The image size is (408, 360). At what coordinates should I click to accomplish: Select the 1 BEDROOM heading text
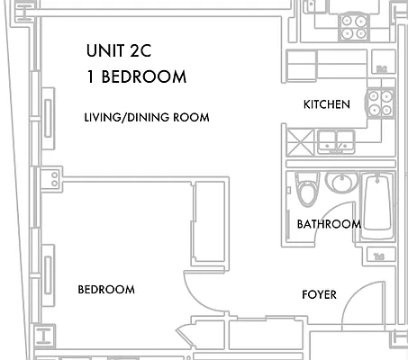click(x=137, y=76)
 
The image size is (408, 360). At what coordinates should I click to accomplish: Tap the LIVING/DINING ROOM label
click(x=146, y=118)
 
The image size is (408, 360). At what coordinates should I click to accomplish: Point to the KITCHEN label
click(x=326, y=105)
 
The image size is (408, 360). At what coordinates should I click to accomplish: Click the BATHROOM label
click(x=329, y=224)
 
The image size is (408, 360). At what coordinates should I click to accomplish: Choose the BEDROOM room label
click(x=106, y=290)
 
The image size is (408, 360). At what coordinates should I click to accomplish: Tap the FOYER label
click(x=319, y=294)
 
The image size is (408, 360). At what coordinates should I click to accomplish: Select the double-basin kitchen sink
click(x=336, y=139)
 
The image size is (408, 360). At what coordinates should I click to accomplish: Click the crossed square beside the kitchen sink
click(x=298, y=141)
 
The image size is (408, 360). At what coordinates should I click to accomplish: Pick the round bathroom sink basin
click(x=342, y=184)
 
